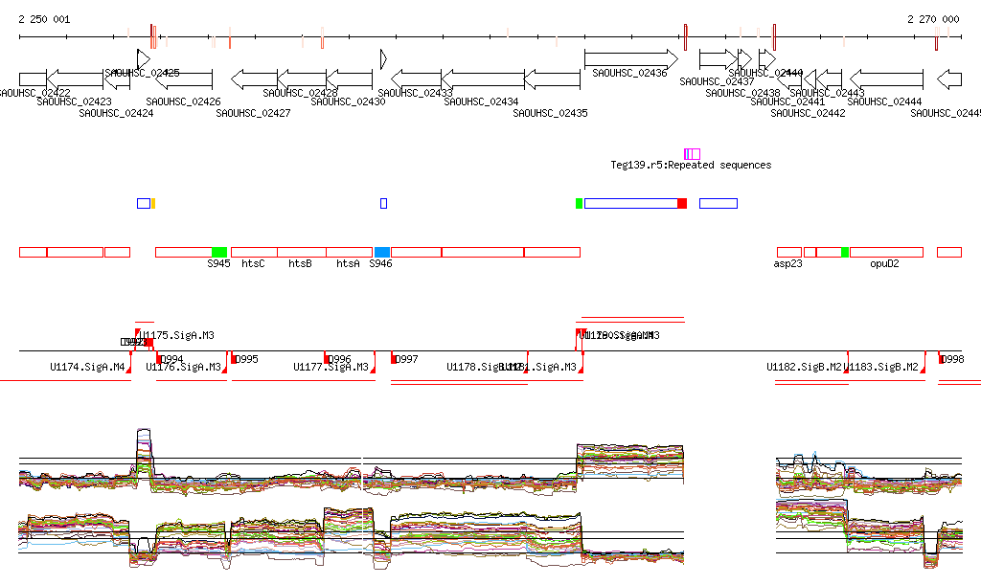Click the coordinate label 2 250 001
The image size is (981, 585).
[x=44, y=19]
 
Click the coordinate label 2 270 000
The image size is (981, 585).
[x=933, y=19]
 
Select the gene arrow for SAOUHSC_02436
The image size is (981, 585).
[x=630, y=59]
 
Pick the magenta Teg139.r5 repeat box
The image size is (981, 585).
[x=692, y=154]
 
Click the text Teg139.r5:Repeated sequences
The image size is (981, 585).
[x=691, y=166]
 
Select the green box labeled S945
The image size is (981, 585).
[x=219, y=252]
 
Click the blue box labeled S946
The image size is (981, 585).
[x=382, y=252]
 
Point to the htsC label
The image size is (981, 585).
[x=253, y=263]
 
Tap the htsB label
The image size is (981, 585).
[x=300, y=263]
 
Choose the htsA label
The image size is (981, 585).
[x=348, y=263]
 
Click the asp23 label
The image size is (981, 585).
[x=787, y=263]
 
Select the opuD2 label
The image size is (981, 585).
[x=884, y=263]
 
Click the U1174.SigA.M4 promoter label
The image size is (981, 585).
[x=88, y=367]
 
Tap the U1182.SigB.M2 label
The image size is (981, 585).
[x=804, y=367]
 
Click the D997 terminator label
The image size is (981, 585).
[x=407, y=360]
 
